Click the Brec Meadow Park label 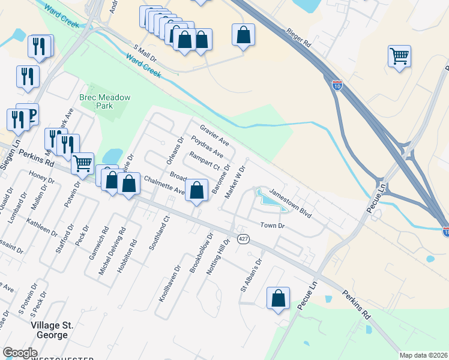click(x=105, y=101)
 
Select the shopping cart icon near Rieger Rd click(x=399, y=57)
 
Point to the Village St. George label click(x=52, y=330)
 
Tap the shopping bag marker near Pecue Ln click(x=278, y=299)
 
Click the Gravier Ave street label click(x=214, y=136)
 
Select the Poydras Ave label click(x=207, y=148)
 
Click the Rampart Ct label click(x=205, y=161)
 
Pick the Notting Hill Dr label click(x=218, y=257)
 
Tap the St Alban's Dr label click(x=251, y=274)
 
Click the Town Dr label click(x=271, y=225)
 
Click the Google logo click(x=20, y=353)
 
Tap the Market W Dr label click(x=235, y=182)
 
